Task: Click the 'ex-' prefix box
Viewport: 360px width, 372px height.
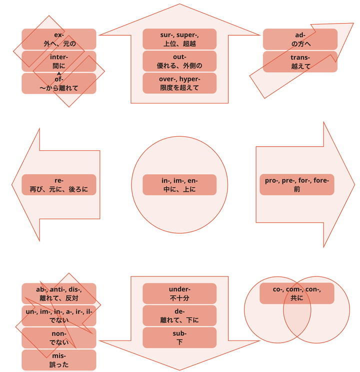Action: tap(59, 39)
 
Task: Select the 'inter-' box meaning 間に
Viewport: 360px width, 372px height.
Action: tap(59, 61)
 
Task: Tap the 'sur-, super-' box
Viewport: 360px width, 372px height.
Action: tap(179, 39)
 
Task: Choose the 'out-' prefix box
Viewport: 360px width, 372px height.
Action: tap(179, 61)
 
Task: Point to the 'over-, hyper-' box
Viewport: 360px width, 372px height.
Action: tap(179, 83)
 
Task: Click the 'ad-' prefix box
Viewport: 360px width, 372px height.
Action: tap(300, 39)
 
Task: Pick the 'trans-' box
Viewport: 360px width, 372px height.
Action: tap(300, 62)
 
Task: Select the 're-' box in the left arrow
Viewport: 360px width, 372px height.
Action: tap(59, 185)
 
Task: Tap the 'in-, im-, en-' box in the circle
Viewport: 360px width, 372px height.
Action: tap(179, 185)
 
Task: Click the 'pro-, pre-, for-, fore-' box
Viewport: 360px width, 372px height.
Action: tap(297, 185)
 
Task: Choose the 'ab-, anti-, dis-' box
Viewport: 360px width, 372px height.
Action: tap(59, 293)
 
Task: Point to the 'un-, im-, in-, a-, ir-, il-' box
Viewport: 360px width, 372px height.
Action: tap(59, 316)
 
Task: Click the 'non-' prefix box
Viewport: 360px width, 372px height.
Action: tap(59, 338)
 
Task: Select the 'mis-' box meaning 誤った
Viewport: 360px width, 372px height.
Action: tap(59, 360)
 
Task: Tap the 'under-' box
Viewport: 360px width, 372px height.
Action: tap(179, 293)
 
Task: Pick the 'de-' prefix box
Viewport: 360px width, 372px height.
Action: tap(179, 316)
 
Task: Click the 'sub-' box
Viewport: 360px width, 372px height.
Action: tap(179, 338)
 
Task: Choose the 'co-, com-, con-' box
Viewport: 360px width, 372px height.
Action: tap(297, 293)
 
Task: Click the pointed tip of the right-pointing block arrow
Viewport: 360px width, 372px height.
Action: tap(353, 185)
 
